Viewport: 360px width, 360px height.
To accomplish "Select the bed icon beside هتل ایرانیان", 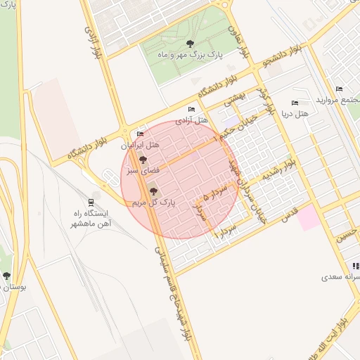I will click(x=140, y=134).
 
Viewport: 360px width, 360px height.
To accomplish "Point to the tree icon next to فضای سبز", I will click(x=143, y=160).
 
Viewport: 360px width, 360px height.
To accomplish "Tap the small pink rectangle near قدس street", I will click(x=307, y=218).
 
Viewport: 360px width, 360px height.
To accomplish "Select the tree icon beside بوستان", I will click(x=7, y=276).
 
